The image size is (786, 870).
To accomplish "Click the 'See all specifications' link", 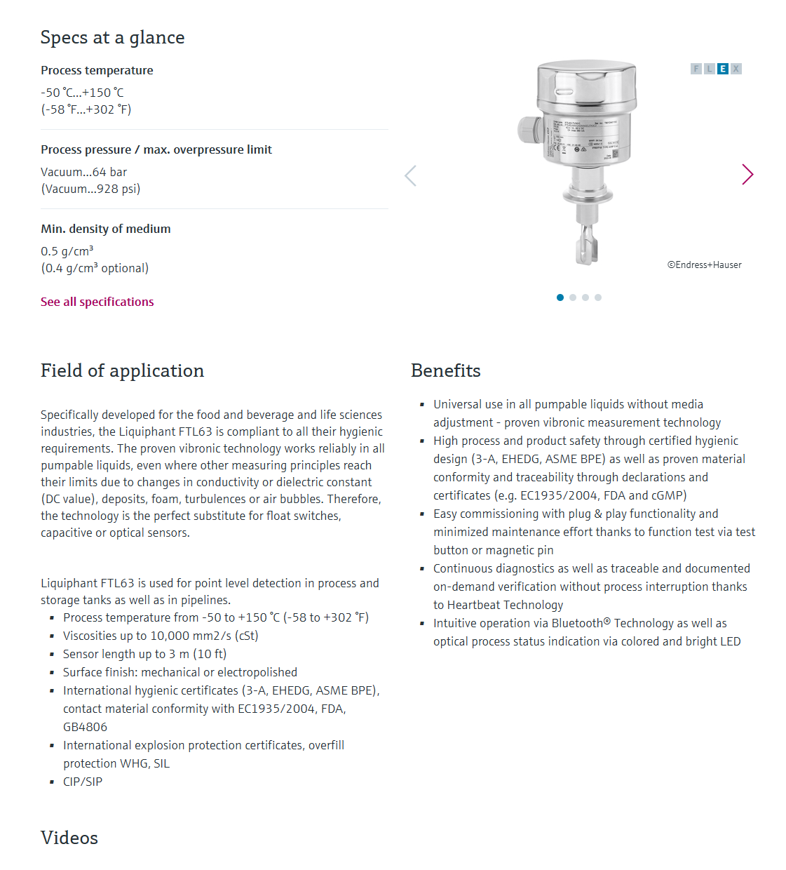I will point(97,302).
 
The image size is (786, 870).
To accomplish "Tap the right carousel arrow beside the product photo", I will point(747,175).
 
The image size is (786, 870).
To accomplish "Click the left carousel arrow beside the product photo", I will point(411,175).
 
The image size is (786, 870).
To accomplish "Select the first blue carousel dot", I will point(560,297).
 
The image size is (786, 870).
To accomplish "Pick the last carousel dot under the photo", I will point(598,297).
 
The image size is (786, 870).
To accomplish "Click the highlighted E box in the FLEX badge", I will point(722,69).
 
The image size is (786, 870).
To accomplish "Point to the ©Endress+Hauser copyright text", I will point(704,265).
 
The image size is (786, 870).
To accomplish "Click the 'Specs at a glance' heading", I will point(112,37).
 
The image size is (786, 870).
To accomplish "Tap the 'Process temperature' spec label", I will point(97,70).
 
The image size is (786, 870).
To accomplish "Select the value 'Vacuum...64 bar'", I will point(83,172).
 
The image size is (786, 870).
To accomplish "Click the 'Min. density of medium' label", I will point(105,229).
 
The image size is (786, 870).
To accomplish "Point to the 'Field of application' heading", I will point(122,370).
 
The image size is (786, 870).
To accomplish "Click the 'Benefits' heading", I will point(445,370).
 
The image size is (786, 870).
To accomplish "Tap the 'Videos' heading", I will point(69,838).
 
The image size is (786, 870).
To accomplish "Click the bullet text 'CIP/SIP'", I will point(83,782).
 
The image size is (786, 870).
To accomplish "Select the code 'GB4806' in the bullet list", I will point(85,727).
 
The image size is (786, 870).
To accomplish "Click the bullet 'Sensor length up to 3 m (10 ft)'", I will point(144,654).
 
